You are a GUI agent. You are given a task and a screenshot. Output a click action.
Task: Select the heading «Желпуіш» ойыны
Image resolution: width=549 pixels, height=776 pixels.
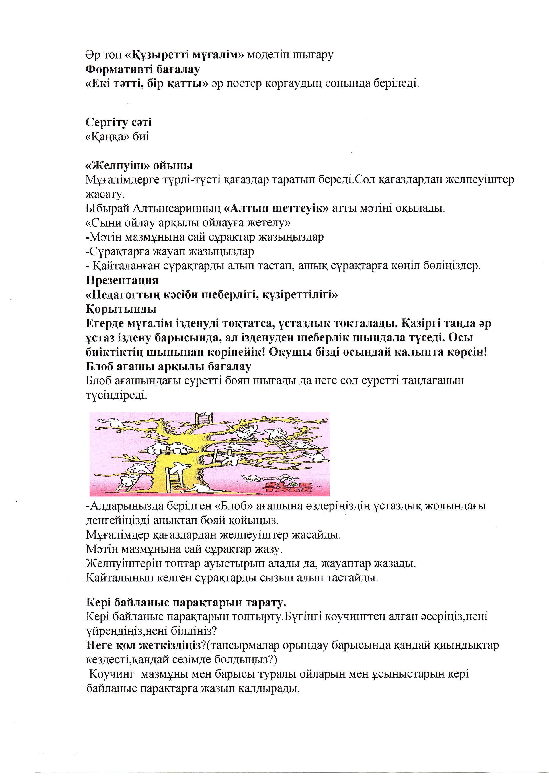139,165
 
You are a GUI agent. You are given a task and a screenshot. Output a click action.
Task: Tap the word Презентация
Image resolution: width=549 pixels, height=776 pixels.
122,280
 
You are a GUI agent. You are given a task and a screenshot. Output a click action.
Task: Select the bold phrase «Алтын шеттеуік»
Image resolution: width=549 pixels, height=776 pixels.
276,208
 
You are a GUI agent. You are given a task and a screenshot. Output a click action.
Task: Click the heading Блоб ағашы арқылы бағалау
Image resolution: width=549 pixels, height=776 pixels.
168,366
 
